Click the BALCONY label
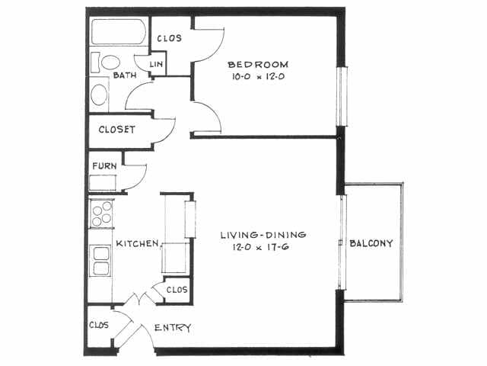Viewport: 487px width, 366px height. [x=371, y=244]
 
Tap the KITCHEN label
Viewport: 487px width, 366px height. [x=137, y=244]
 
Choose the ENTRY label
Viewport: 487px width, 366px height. [x=172, y=328]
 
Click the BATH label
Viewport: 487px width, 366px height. [x=125, y=76]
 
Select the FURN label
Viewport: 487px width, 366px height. [x=103, y=165]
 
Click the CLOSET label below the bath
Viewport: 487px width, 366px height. [x=116, y=130]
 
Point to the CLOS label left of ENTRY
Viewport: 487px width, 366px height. [x=98, y=325]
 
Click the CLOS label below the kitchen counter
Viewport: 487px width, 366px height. [x=176, y=290]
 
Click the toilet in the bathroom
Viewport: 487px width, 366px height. [x=110, y=63]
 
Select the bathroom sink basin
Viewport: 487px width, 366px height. [x=100, y=95]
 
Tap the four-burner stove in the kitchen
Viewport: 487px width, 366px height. [x=101, y=213]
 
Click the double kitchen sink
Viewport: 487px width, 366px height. [x=100, y=260]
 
